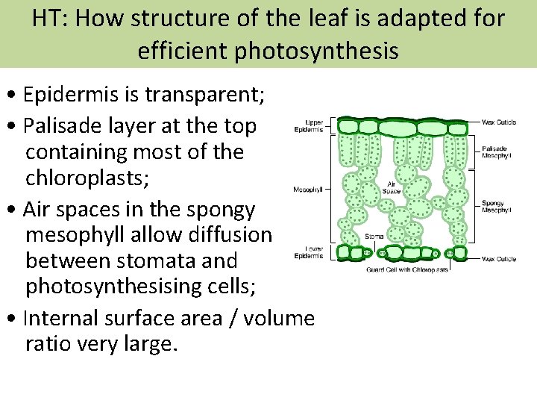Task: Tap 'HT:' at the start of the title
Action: (x=50, y=17)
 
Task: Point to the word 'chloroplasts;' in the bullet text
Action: (x=81, y=179)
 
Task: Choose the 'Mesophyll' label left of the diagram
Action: (x=308, y=190)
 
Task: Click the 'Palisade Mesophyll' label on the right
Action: (x=494, y=151)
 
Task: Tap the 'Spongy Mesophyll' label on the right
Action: (x=496, y=207)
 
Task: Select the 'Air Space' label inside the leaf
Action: (x=392, y=188)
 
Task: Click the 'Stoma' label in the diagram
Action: (x=375, y=237)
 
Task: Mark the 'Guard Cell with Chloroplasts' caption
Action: (x=406, y=269)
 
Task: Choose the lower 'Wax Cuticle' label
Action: (x=499, y=259)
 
